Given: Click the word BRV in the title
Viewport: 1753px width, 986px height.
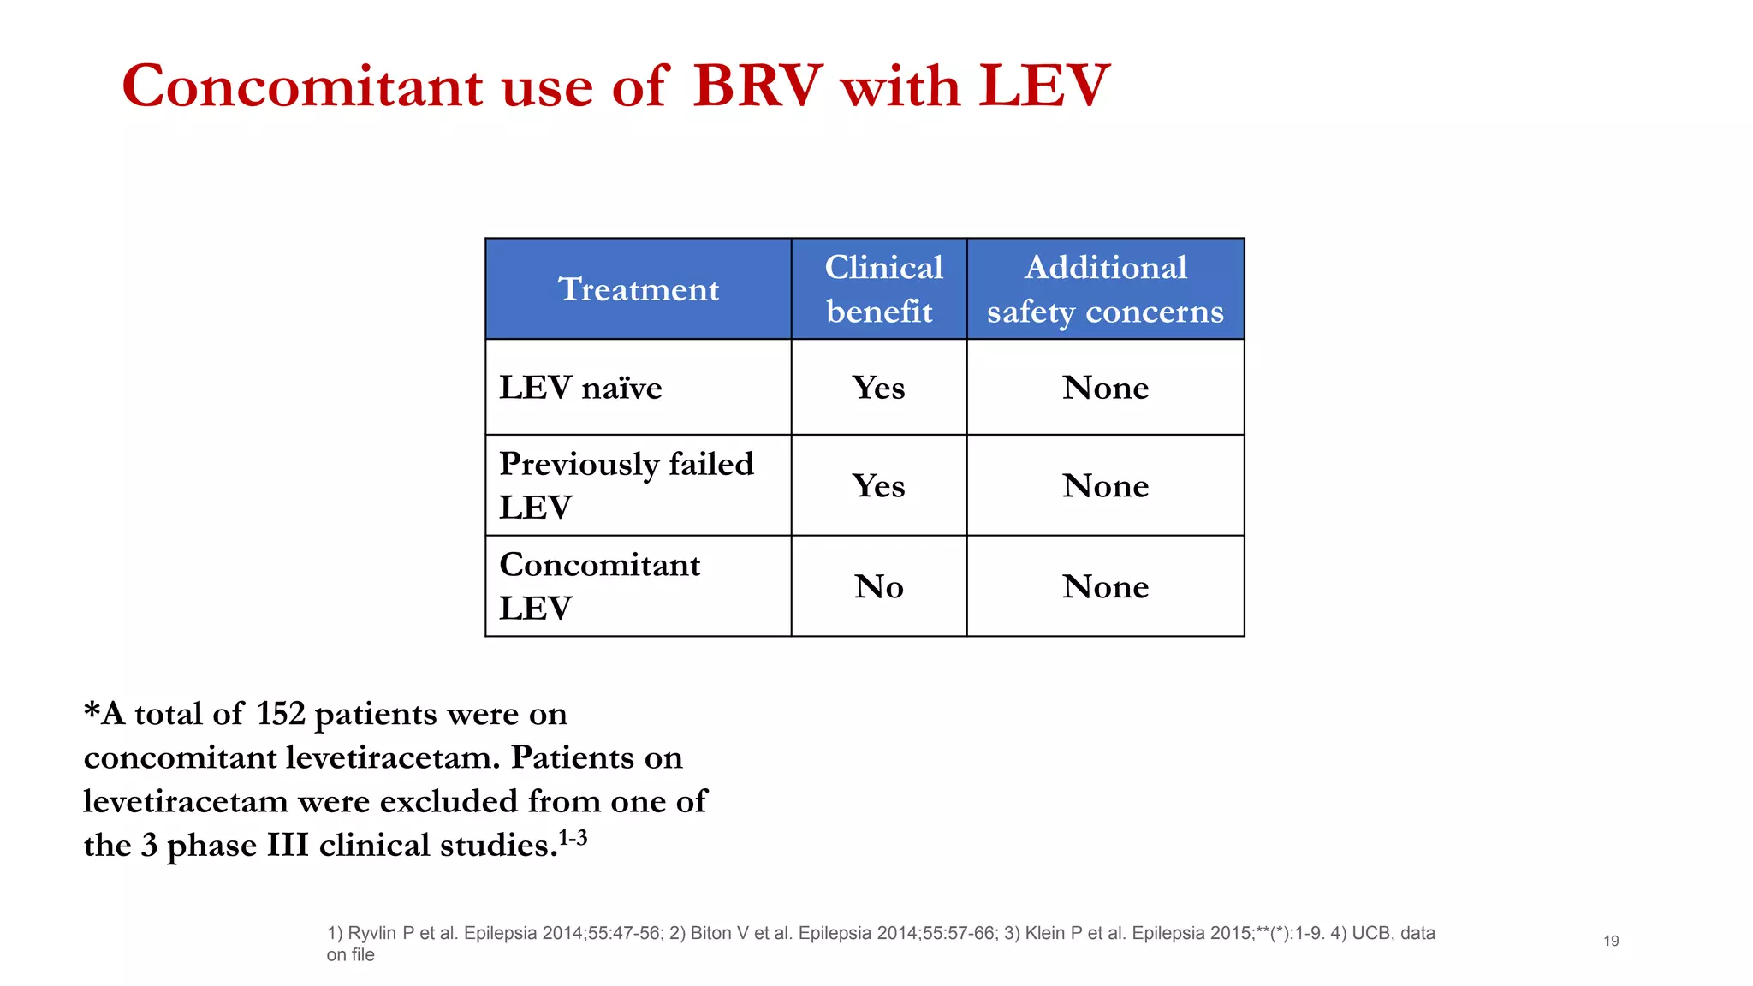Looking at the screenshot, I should click(758, 86).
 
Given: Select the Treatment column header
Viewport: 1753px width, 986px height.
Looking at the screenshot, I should click(639, 289).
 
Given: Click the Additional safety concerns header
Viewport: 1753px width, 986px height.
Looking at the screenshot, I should click(1105, 289).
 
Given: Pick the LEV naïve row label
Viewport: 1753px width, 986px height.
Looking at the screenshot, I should click(580, 388).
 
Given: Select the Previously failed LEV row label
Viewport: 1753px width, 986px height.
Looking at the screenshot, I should click(626, 485).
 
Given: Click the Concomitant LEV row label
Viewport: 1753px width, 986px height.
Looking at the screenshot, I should click(599, 586).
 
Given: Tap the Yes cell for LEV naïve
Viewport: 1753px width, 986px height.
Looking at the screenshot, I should click(878, 388).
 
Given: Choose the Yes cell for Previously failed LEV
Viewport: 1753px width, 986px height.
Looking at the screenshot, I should click(878, 486).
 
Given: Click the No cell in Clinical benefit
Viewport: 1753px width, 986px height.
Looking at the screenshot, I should click(878, 587).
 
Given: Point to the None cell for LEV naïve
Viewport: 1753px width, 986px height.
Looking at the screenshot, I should click(1105, 388).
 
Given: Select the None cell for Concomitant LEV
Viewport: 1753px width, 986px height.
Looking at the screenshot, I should click(1105, 587).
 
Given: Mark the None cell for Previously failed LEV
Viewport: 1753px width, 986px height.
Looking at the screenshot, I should click(1105, 486).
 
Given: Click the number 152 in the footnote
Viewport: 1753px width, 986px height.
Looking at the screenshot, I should click(280, 714).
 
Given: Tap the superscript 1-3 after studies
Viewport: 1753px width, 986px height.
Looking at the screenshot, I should click(573, 837).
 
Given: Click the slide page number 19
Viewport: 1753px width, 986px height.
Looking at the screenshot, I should click(1611, 941).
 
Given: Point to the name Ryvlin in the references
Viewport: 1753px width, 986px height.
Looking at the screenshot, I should click(371, 933).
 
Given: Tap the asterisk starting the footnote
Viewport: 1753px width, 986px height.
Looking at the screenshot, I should click(92, 710).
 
